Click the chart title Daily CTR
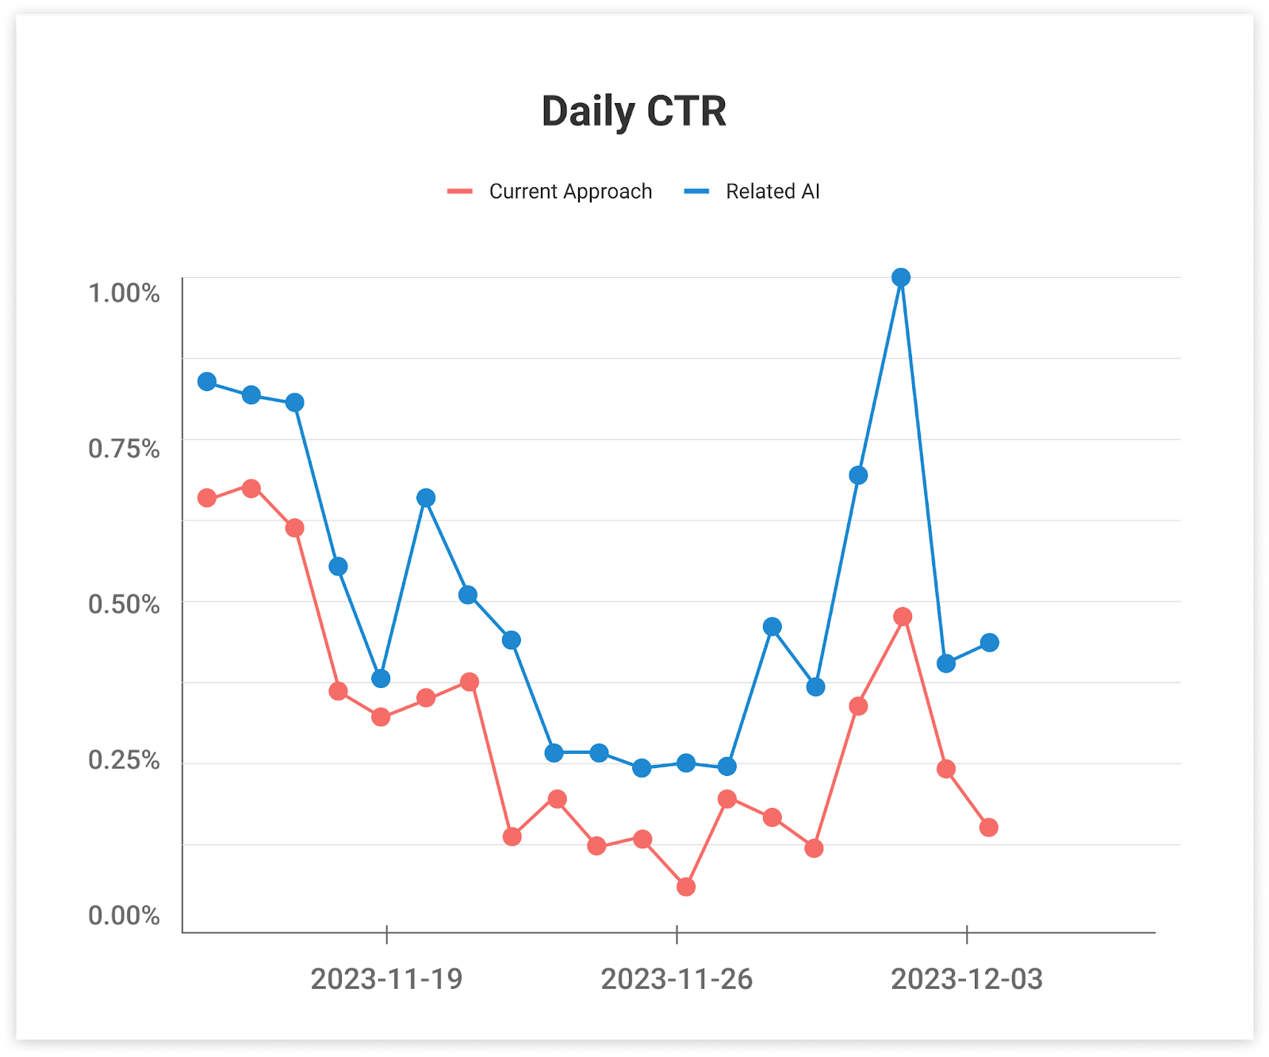coord(634,111)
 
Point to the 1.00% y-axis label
coord(124,293)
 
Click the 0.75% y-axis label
coord(124,448)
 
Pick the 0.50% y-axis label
coord(124,604)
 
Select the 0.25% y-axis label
coord(124,759)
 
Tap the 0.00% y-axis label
coord(124,915)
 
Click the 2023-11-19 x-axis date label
coord(386,979)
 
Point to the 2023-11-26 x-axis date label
coord(677,979)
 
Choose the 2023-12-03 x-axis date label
coord(966,979)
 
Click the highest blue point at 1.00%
coord(900,277)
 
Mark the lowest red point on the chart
coord(686,886)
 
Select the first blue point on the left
coord(207,382)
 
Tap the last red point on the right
coord(988,828)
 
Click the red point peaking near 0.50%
coord(902,617)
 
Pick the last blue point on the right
coord(989,643)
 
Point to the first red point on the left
coord(207,498)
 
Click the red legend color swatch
coord(460,191)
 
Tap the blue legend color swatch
coord(696,191)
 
